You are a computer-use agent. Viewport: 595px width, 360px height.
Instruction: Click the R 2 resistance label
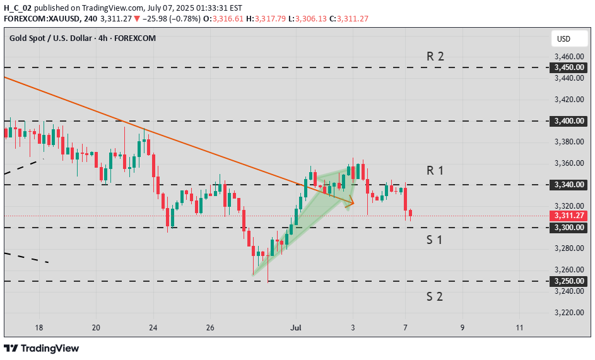tap(435, 56)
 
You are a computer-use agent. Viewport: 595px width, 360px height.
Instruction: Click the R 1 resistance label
tap(435, 170)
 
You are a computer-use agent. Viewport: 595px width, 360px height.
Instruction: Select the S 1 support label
tap(434, 240)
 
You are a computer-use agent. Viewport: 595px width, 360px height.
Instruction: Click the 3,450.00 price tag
tap(569, 67)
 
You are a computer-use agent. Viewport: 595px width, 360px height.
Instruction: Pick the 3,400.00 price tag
tap(569, 120)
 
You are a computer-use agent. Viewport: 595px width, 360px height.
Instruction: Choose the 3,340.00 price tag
tap(569, 185)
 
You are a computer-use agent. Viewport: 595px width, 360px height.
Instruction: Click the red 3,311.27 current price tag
tap(569, 216)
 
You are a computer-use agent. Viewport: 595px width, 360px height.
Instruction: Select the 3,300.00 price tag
tap(569, 227)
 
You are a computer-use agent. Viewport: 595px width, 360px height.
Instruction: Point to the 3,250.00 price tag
tap(569, 281)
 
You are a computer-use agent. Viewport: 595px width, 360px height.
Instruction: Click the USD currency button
tap(563, 39)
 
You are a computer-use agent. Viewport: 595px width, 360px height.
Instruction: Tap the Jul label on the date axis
tap(297, 328)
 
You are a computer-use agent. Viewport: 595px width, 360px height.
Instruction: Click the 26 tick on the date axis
tap(211, 328)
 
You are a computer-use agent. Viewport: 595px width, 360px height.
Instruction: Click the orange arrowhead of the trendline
tap(351, 202)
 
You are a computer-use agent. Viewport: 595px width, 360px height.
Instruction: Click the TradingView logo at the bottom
tap(42, 348)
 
